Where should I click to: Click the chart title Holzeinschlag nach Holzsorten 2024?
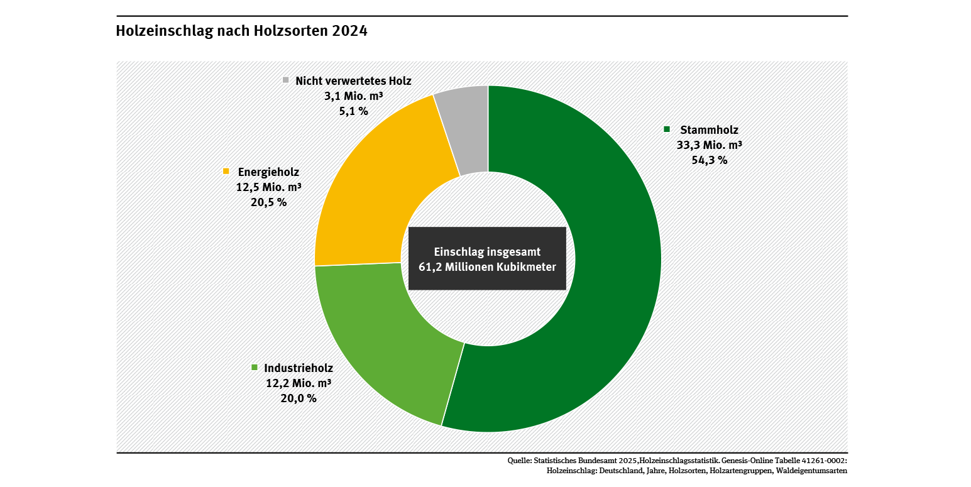pos(241,31)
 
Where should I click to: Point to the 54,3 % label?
pos(709,160)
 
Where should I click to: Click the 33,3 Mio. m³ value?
pos(709,145)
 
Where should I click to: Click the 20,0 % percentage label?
pos(299,398)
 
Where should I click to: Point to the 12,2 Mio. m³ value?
pos(299,383)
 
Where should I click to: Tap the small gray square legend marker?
pos(285,80)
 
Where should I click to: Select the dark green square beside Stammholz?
pos(667,129)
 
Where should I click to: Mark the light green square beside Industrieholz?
pos(255,368)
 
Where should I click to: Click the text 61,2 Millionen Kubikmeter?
pos(487,266)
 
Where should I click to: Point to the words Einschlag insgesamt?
pos(487,251)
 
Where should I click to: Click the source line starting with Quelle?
pos(677,461)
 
